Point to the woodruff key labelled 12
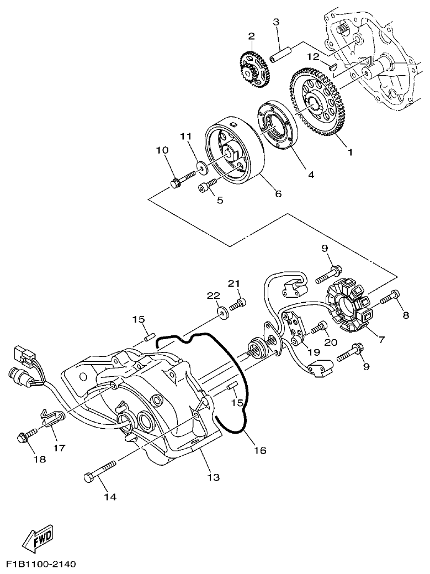click(x=332, y=66)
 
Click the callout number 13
click(x=213, y=477)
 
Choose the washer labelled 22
click(x=223, y=313)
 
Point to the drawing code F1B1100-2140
click(x=41, y=565)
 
